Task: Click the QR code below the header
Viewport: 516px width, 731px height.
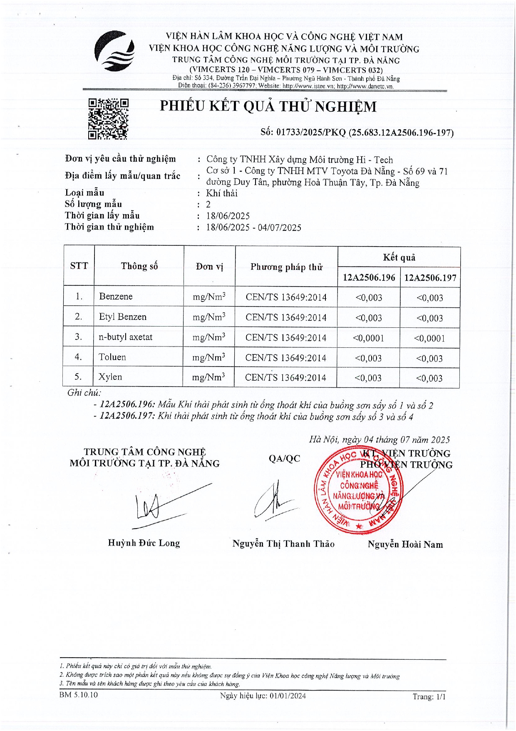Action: (x=108, y=119)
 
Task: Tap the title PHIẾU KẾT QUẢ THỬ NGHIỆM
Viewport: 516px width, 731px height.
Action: (x=268, y=107)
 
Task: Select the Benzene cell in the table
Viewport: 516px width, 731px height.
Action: (x=116, y=297)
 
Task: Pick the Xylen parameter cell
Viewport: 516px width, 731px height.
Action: (x=110, y=377)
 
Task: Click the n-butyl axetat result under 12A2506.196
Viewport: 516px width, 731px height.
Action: (x=368, y=338)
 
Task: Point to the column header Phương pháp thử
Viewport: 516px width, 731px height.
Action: (x=286, y=267)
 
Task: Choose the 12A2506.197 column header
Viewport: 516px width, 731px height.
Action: (x=430, y=278)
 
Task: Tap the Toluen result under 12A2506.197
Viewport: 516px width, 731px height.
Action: (x=429, y=358)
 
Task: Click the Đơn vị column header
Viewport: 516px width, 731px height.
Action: (x=210, y=267)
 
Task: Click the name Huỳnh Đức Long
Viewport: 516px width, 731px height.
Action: (x=144, y=543)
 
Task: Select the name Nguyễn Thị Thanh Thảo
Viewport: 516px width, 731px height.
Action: (x=283, y=544)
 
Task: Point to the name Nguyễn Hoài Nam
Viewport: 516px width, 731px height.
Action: (x=405, y=544)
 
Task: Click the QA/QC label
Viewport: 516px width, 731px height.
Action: (x=284, y=459)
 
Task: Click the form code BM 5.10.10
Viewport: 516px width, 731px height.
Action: (x=79, y=695)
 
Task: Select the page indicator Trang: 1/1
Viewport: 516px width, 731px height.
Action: (x=429, y=696)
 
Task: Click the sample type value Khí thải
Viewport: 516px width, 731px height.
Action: (x=222, y=193)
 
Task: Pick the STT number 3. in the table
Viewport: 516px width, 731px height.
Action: (x=79, y=337)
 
